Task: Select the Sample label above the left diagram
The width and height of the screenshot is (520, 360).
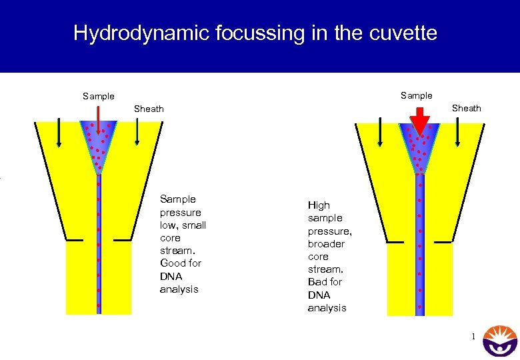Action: (x=99, y=96)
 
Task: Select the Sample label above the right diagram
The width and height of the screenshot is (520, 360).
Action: (x=417, y=95)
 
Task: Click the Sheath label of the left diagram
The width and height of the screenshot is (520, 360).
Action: (x=149, y=109)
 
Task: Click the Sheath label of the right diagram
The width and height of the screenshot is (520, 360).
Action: (x=467, y=108)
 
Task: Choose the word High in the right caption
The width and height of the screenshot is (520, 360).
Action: (x=319, y=205)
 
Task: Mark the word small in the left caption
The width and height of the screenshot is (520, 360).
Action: (x=194, y=225)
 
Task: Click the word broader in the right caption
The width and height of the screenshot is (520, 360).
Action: (x=326, y=244)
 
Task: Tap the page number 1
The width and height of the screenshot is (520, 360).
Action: (x=473, y=337)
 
